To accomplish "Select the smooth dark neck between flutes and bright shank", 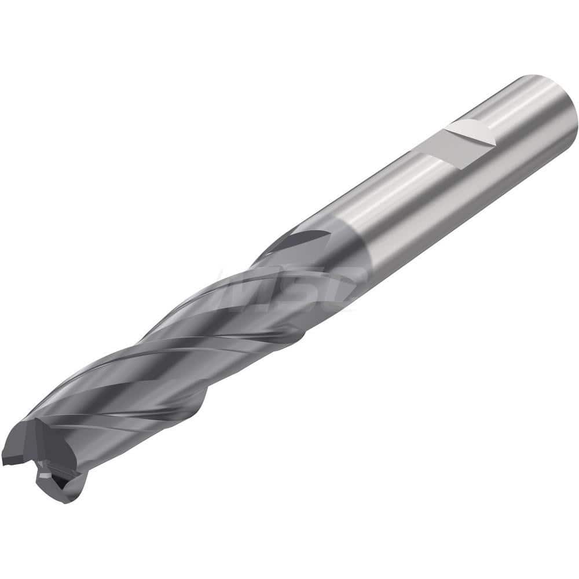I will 324,249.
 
